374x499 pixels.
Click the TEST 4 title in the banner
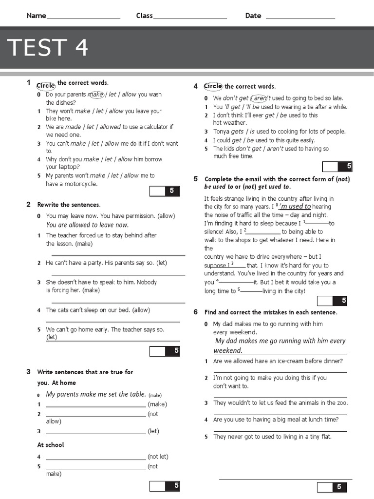tap(48, 48)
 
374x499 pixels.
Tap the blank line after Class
tap(190, 18)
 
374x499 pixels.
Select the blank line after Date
tap(300, 18)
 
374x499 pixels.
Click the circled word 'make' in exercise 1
tap(96, 95)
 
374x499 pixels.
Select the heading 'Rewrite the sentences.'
tap(69, 205)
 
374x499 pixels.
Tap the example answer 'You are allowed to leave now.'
tap(87, 225)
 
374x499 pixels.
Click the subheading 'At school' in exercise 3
tap(51, 445)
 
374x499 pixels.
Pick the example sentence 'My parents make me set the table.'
tap(96, 394)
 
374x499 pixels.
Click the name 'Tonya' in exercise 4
tap(221, 132)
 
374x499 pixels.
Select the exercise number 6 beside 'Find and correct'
tap(195, 312)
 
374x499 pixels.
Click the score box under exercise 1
tap(165, 191)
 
